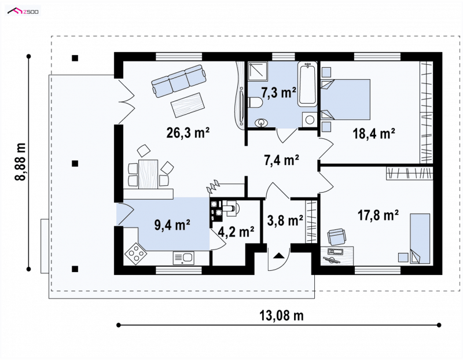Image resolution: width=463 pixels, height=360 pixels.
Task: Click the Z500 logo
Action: [x=23, y=12]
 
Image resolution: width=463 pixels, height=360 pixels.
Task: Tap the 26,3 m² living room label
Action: [x=188, y=133]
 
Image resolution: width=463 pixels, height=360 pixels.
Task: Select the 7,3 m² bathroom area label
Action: [x=278, y=93]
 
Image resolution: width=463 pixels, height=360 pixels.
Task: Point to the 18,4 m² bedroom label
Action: [x=374, y=134]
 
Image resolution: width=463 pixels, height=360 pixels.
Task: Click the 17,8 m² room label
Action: [x=379, y=215]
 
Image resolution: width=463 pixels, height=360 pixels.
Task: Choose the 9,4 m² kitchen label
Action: [x=172, y=225]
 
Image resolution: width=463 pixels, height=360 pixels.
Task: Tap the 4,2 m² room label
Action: [x=236, y=232]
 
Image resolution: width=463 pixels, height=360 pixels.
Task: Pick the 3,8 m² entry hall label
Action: [x=285, y=221]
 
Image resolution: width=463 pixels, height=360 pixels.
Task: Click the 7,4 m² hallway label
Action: [x=281, y=160]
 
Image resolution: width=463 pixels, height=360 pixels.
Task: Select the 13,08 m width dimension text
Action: [x=281, y=315]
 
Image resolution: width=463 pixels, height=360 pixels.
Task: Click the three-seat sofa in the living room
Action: [x=179, y=80]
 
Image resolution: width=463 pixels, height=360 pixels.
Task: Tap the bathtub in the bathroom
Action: [x=307, y=84]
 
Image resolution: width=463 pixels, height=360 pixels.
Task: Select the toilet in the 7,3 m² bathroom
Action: [x=255, y=103]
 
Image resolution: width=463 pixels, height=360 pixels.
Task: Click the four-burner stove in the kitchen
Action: [x=135, y=254]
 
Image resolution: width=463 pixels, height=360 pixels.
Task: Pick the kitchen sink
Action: [x=183, y=258]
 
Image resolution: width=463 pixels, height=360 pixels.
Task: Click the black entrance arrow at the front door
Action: [x=278, y=256]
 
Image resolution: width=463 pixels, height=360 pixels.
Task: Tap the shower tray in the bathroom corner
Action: [x=258, y=71]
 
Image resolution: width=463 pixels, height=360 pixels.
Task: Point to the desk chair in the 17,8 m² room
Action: [x=337, y=237]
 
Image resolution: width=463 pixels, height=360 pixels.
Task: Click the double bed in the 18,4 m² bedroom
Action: [x=346, y=100]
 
